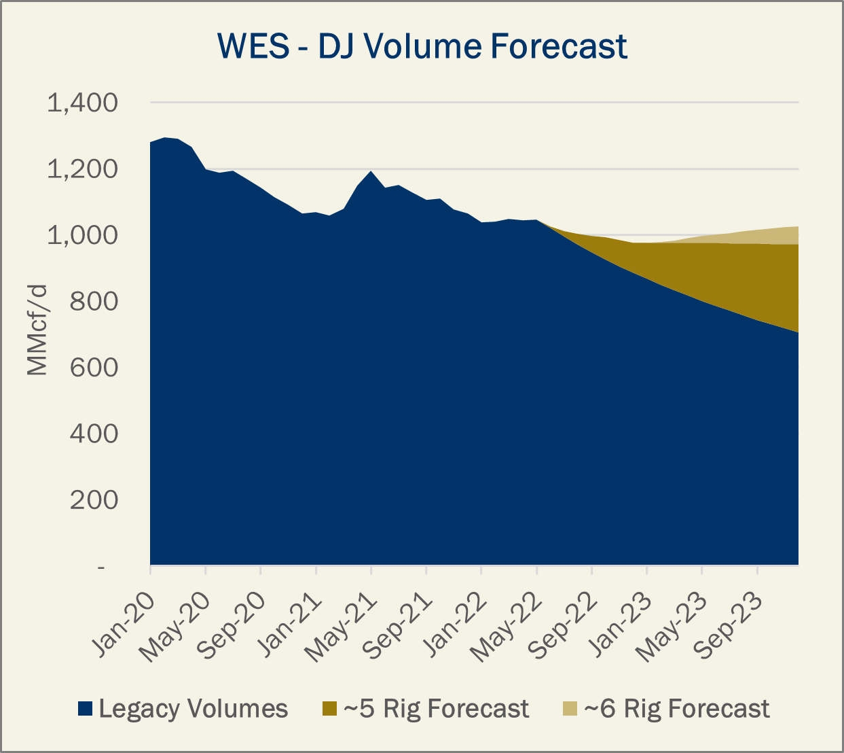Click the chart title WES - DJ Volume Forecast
click(422, 46)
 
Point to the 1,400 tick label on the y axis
click(81, 103)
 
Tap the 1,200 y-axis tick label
click(81, 169)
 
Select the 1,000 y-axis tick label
click(81, 236)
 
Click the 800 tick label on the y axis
click(94, 302)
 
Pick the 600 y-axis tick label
click(94, 368)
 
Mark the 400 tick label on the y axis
click(94, 434)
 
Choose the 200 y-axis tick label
click(94, 500)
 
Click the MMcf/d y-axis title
click(38, 330)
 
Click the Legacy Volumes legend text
click(194, 709)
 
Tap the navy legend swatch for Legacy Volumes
click(85, 709)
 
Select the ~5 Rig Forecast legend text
click(436, 709)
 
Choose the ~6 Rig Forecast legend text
click(677, 709)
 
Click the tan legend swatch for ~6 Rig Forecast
click(570, 709)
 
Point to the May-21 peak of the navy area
click(371, 171)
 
